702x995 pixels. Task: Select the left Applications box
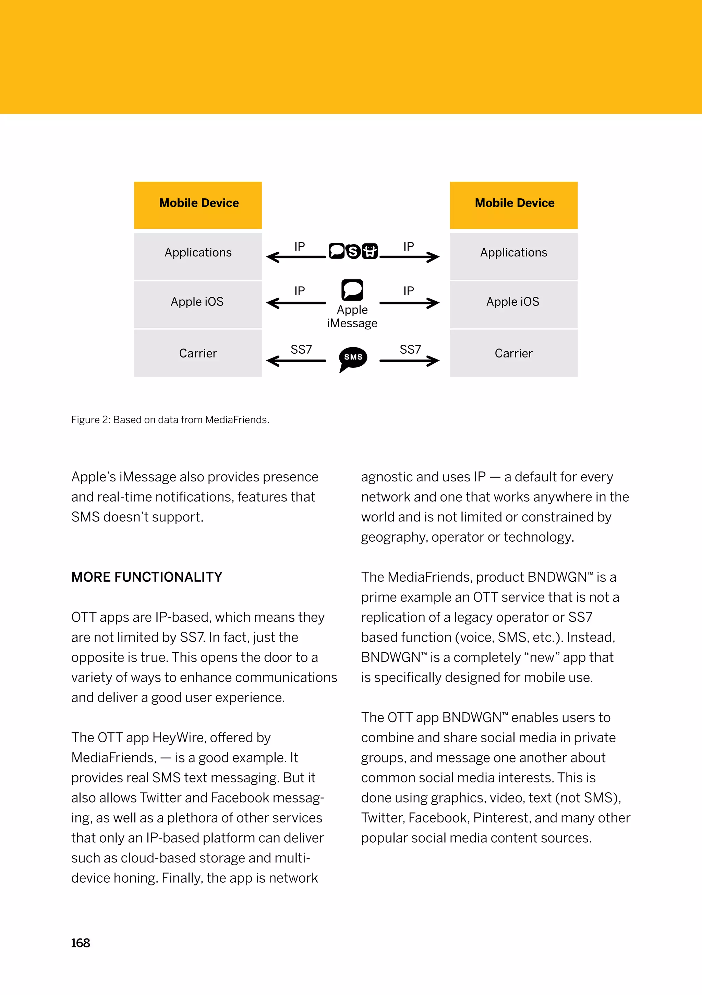coord(198,256)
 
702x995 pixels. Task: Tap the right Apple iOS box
coord(514,304)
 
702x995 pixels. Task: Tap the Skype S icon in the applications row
coord(353,251)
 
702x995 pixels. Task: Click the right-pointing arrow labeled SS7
coord(409,361)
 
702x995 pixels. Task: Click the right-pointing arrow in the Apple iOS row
coord(409,303)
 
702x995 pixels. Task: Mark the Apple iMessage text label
coord(352,316)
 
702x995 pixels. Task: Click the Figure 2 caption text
coord(170,419)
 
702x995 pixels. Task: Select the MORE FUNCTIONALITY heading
coord(147,577)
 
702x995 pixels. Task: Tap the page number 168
coord(80,943)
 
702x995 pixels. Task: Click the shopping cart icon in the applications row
coord(370,251)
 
